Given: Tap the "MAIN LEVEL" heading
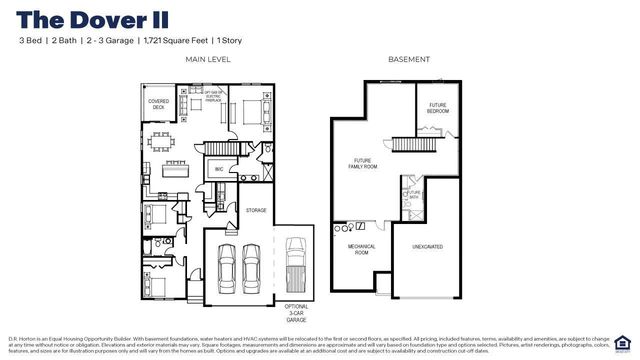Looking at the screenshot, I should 207,60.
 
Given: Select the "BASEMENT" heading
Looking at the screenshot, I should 409,60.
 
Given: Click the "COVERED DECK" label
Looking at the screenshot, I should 159,103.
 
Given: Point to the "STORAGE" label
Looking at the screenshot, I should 256,210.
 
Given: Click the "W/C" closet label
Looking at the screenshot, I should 219,170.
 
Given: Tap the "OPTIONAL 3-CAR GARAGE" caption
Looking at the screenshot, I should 297,312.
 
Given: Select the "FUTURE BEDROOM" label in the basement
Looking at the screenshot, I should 438,107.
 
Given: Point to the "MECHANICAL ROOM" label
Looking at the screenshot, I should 361,249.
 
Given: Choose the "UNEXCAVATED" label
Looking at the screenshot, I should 427,246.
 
